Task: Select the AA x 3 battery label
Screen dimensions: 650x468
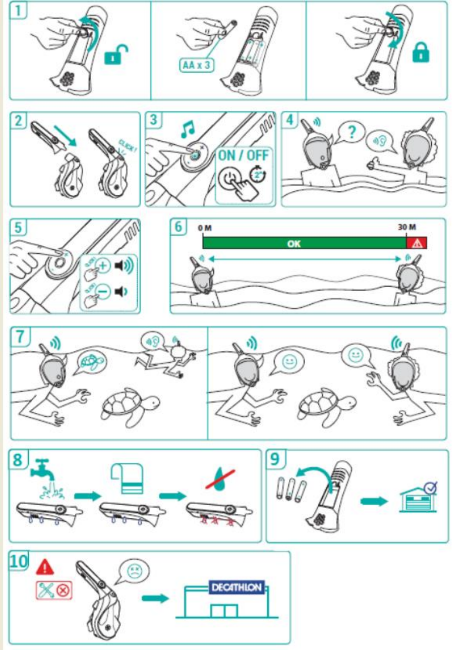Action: pos(196,66)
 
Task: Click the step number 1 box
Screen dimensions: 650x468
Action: pos(19,11)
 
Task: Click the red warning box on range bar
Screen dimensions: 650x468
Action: pos(417,243)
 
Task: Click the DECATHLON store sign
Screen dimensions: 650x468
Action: pos(236,587)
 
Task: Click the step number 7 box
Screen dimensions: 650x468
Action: pos(21,337)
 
